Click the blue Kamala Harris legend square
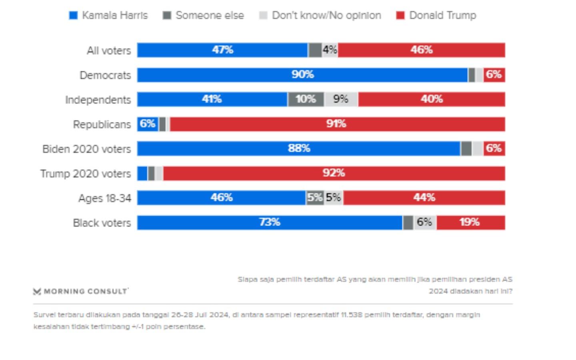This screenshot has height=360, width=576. (x=73, y=15)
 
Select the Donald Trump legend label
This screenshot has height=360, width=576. (x=442, y=15)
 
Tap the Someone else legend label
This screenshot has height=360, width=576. (x=210, y=15)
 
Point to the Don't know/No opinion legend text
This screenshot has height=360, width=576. (x=326, y=15)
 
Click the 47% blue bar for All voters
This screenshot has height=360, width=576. (x=222, y=50)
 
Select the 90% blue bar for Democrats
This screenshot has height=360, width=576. (x=302, y=75)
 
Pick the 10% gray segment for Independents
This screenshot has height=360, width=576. (x=306, y=99)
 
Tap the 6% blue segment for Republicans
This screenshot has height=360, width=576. (x=148, y=124)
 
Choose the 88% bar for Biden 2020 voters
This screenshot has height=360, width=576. (x=299, y=148)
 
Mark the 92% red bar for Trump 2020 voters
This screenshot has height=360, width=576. (x=334, y=173)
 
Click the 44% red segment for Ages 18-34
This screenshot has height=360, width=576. (x=424, y=198)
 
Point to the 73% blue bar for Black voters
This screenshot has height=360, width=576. (x=270, y=222)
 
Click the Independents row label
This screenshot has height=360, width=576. (x=98, y=100)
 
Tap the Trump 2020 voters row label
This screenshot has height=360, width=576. (x=86, y=174)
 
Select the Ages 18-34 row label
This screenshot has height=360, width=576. (x=105, y=198)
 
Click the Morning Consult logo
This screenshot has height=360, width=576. (x=81, y=291)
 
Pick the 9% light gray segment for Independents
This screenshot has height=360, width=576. (x=341, y=99)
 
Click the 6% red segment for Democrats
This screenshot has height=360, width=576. (x=494, y=75)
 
